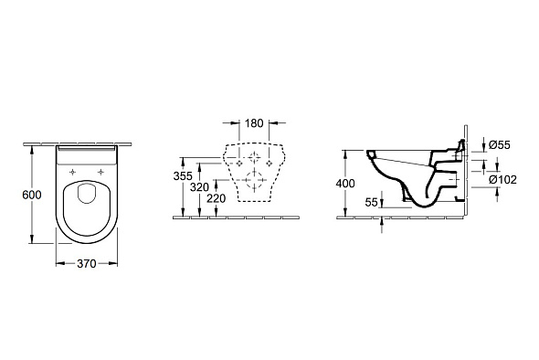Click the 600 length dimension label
32,195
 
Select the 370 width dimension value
86,264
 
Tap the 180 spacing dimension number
254,123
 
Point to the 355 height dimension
183,176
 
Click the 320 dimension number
199,187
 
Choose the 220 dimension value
217,198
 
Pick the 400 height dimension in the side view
345,184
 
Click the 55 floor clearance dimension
371,203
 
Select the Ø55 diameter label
500,144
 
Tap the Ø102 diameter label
502,179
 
